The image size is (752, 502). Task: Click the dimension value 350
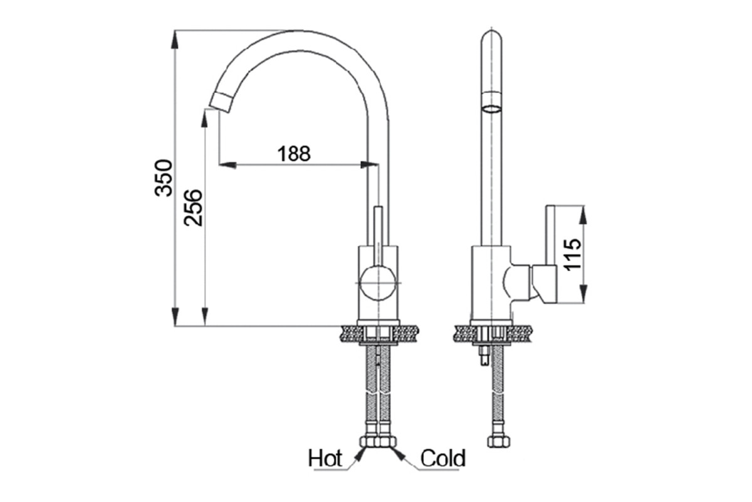164,178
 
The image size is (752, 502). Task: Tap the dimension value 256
193,208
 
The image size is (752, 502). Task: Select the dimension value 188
294,154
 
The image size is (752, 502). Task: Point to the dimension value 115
572,255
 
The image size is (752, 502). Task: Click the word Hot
325,458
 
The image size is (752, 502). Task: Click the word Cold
443,458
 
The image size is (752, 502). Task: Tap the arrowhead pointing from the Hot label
360,454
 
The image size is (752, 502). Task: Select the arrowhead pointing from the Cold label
398,453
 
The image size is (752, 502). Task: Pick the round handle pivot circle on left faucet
378,283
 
